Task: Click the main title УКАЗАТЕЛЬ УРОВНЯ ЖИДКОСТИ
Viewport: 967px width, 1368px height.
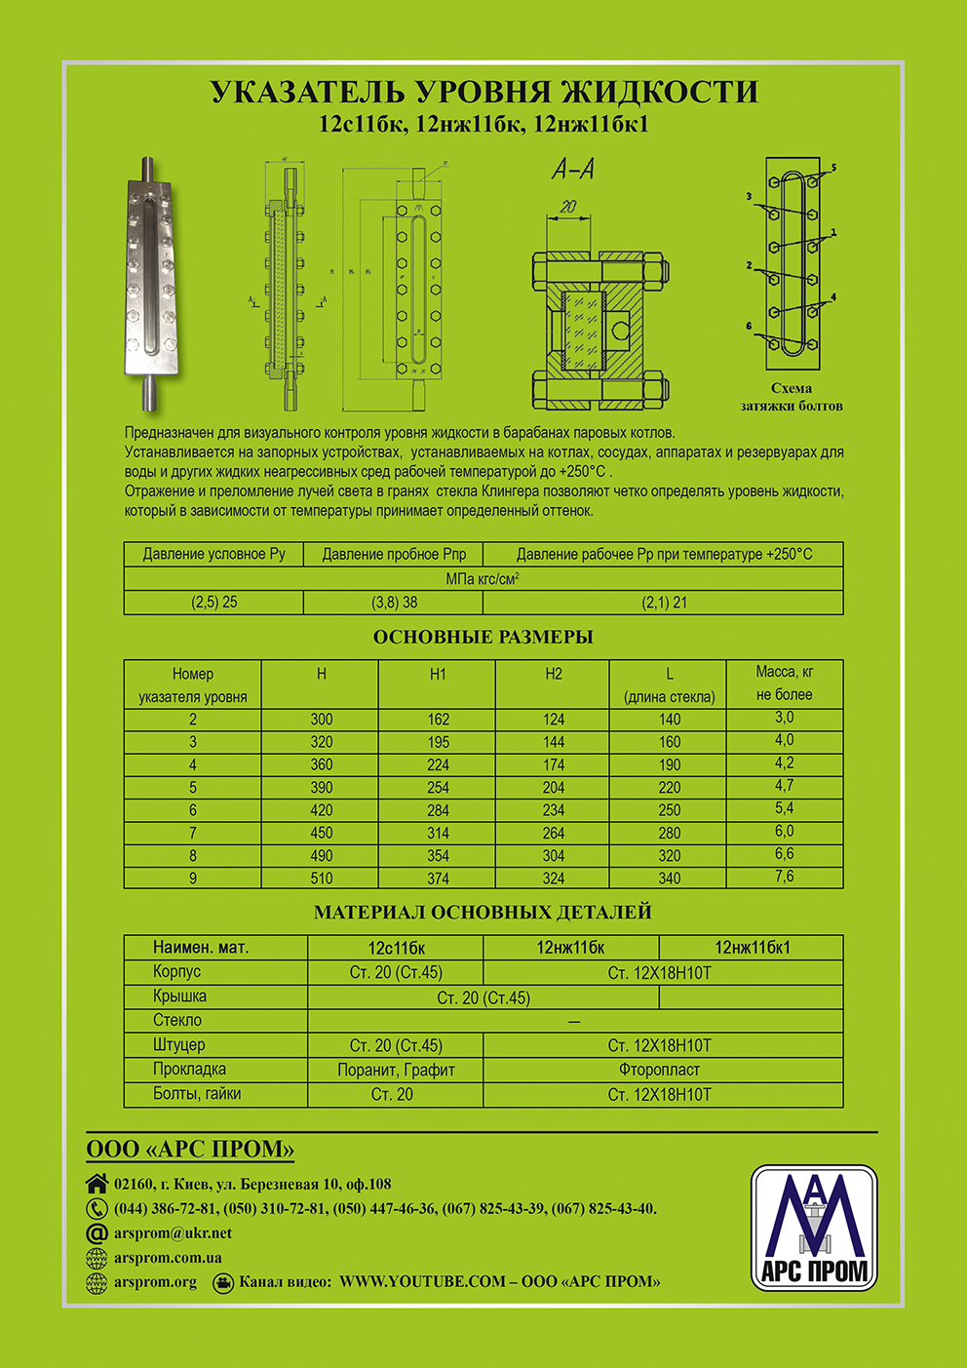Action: (483, 92)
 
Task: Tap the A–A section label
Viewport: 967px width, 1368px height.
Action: (573, 170)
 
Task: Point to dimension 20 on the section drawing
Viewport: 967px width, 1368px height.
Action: (568, 207)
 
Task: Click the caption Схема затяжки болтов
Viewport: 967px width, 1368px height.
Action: (792, 397)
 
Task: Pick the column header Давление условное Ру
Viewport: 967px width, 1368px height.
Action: (213, 554)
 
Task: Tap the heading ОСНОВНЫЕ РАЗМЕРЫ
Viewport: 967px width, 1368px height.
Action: (483, 637)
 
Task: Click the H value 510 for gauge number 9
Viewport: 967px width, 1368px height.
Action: (321, 878)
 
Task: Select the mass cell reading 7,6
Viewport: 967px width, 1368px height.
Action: (784, 876)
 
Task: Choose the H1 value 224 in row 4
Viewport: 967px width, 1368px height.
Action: (438, 764)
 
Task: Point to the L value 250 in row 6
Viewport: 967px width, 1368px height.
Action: (669, 809)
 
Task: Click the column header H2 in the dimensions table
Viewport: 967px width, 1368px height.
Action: (553, 674)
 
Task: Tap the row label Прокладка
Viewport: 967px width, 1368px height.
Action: (189, 1069)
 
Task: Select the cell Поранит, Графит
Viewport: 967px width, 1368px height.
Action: (396, 1070)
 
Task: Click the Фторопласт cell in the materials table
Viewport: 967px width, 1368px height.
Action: (659, 1070)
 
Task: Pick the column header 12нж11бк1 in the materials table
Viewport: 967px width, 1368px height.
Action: (752, 947)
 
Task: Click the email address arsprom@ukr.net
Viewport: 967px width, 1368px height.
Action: (173, 1232)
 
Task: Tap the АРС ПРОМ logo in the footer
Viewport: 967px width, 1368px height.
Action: (814, 1228)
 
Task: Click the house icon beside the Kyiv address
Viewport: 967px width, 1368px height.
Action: (97, 1184)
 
